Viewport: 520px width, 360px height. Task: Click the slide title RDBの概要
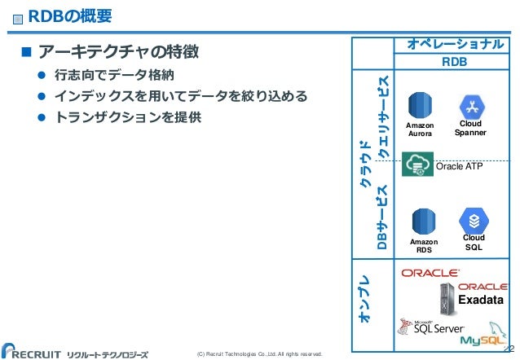(x=70, y=15)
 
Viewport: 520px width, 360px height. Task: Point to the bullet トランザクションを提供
(x=127, y=116)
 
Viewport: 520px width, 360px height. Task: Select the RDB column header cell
(x=454, y=61)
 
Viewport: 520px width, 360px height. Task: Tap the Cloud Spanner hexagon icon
(x=472, y=106)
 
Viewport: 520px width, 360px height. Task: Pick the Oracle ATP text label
(x=461, y=167)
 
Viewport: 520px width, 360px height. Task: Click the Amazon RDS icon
(x=422, y=222)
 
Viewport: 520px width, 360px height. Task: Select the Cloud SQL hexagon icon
(x=474, y=220)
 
